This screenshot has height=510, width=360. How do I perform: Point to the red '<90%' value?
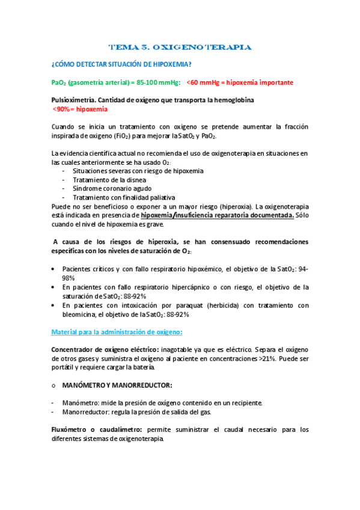(x=62, y=109)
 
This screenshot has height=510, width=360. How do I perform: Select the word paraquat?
(x=185, y=306)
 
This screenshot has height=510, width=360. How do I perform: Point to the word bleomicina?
(x=82, y=315)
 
